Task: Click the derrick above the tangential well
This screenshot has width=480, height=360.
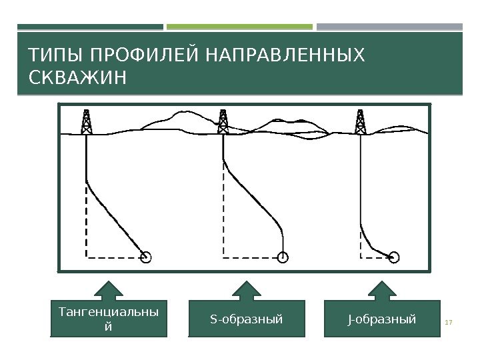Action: click(x=86, y=121)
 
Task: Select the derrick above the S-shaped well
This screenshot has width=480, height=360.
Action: click(x=223, y=121)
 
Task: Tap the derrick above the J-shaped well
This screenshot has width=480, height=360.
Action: click(x=361, y=121)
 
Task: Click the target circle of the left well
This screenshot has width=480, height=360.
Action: click(x=146, y=257)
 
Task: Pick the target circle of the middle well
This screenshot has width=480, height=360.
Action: click(x=283, y=257)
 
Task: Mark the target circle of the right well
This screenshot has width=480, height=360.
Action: click(x=395, y=257)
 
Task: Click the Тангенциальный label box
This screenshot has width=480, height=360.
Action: click(x=109, y=319)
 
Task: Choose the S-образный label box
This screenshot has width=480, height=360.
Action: click(x=247, y=319)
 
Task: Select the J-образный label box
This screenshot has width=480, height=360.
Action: click(x=382, y=319)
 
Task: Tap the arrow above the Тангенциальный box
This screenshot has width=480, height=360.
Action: click(x=109, y=291)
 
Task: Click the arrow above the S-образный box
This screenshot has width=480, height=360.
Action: click(x=246, y=291)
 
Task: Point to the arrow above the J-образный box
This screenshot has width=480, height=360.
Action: click(x=381, y=291)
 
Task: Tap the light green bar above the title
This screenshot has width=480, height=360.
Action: click(x=239, y=27)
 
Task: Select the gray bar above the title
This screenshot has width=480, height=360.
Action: click(x=389, y=27)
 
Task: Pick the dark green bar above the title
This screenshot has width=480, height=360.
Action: click(x=90, y=27)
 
